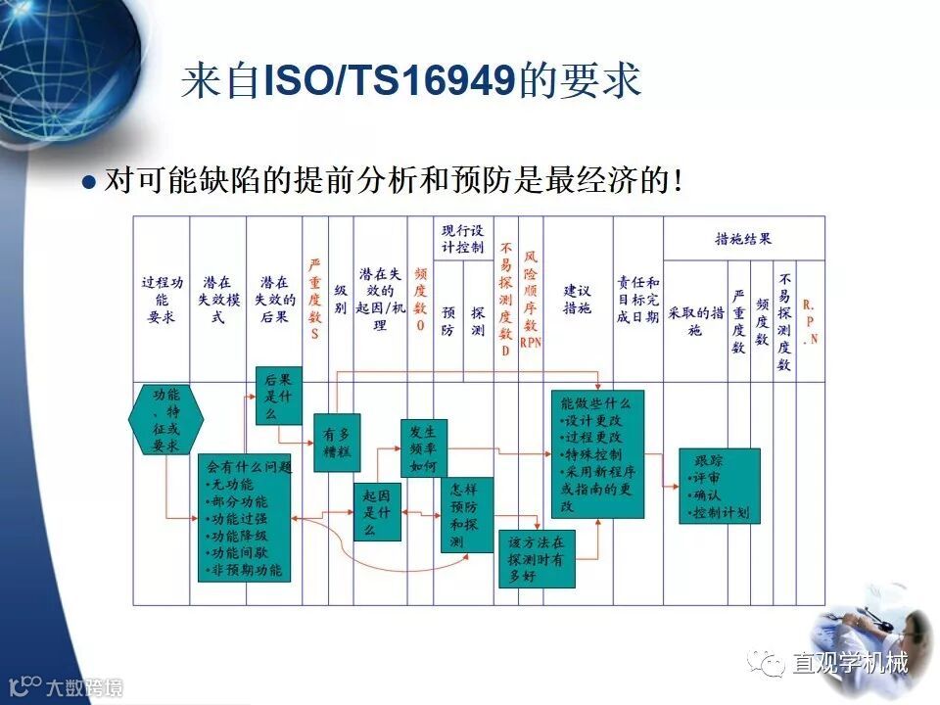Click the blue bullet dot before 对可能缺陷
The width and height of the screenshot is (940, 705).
(90, 182)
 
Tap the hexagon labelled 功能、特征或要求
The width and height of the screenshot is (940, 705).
(166, 419)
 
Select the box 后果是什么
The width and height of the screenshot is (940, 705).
(279, 396)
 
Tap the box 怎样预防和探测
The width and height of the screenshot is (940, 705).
(466, 515)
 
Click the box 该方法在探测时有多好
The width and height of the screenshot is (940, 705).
(537, 559)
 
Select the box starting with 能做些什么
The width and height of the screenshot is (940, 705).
(597, 454)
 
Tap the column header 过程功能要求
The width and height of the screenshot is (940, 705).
(162, 300)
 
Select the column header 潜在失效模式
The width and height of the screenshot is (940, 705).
(218, 300)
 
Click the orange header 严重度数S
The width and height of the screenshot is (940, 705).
(315, 300)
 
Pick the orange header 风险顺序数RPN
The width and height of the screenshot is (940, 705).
(531, 300)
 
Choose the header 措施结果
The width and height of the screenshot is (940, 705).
(743, 238)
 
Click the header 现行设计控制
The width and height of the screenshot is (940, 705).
(463, 239)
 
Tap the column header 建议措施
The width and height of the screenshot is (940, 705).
(578, 300)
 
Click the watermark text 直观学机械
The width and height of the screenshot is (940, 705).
(850, 664)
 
